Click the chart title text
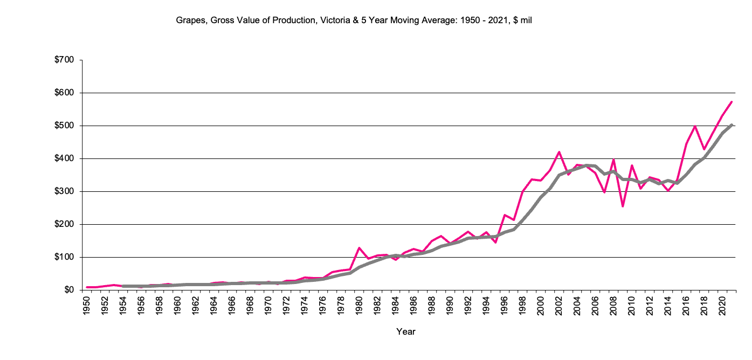pos(354,20)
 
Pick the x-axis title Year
pos(406,331)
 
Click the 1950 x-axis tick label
pos(86,304)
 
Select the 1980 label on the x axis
pos(359,304)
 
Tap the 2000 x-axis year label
pos(541,304)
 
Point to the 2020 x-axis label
pos(722,304)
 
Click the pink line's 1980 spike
pos(359,248)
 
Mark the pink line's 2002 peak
pos(559,152)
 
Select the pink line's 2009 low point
pos(623,206)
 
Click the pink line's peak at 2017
pos(695,126)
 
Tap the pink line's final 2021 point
pos(732,102)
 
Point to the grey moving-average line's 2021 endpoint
pos(732,124)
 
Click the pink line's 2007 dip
pos(604,192)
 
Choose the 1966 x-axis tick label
pos(232,304)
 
